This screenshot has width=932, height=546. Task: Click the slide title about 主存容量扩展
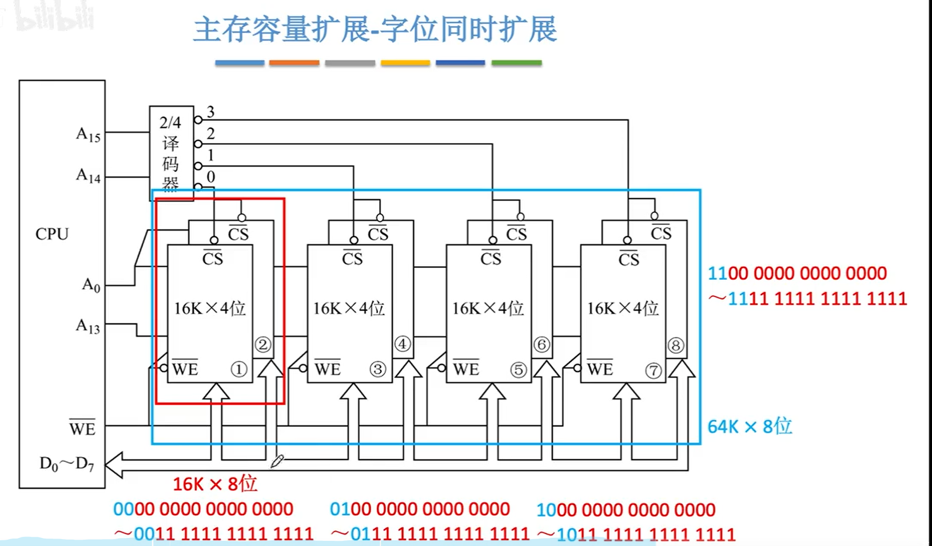pyautogui.click(x=375, y=30)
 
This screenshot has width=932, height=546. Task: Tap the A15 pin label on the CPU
pyautogui.click(x=88, y=134)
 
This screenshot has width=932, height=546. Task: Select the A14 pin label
pyautogui.click(x=88, y=175)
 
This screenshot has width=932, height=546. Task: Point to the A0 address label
pyautogui.click(x=91, y=284)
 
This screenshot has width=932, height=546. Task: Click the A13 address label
pyautogui.click(x=87, y=326)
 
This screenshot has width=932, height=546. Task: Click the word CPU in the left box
pyautogui.click(x=52, y=234)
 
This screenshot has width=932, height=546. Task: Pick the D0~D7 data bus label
pyautogui.click(x=66, y=464)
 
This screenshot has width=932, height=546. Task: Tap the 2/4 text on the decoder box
pyautogui.click(x=170, y=122)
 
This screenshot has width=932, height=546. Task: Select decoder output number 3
pyautogui.click(x=210, y=112)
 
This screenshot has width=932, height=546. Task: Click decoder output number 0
pyautogui.click(x=210, y=177)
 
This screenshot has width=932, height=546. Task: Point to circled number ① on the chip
pyautogui.click(x=239, y=369)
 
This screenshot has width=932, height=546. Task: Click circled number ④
pyautogui.click(x=403, y=344)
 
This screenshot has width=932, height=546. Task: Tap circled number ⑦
pyautogui.click(x=654, y=370)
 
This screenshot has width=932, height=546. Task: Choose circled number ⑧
pyautogui.click(x=675, y=345)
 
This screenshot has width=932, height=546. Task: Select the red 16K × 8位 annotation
pyautogui.click(x=215, y=484)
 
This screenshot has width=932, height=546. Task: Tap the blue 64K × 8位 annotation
pyautogui.click(x=750, y=426)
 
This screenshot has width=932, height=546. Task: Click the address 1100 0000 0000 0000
pyautogui.click(x=797, y=274)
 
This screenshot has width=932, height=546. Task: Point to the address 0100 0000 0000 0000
pyautogui.click(x=420, y=509)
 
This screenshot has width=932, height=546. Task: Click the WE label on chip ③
pyautogui.click(x=327, y=369)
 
